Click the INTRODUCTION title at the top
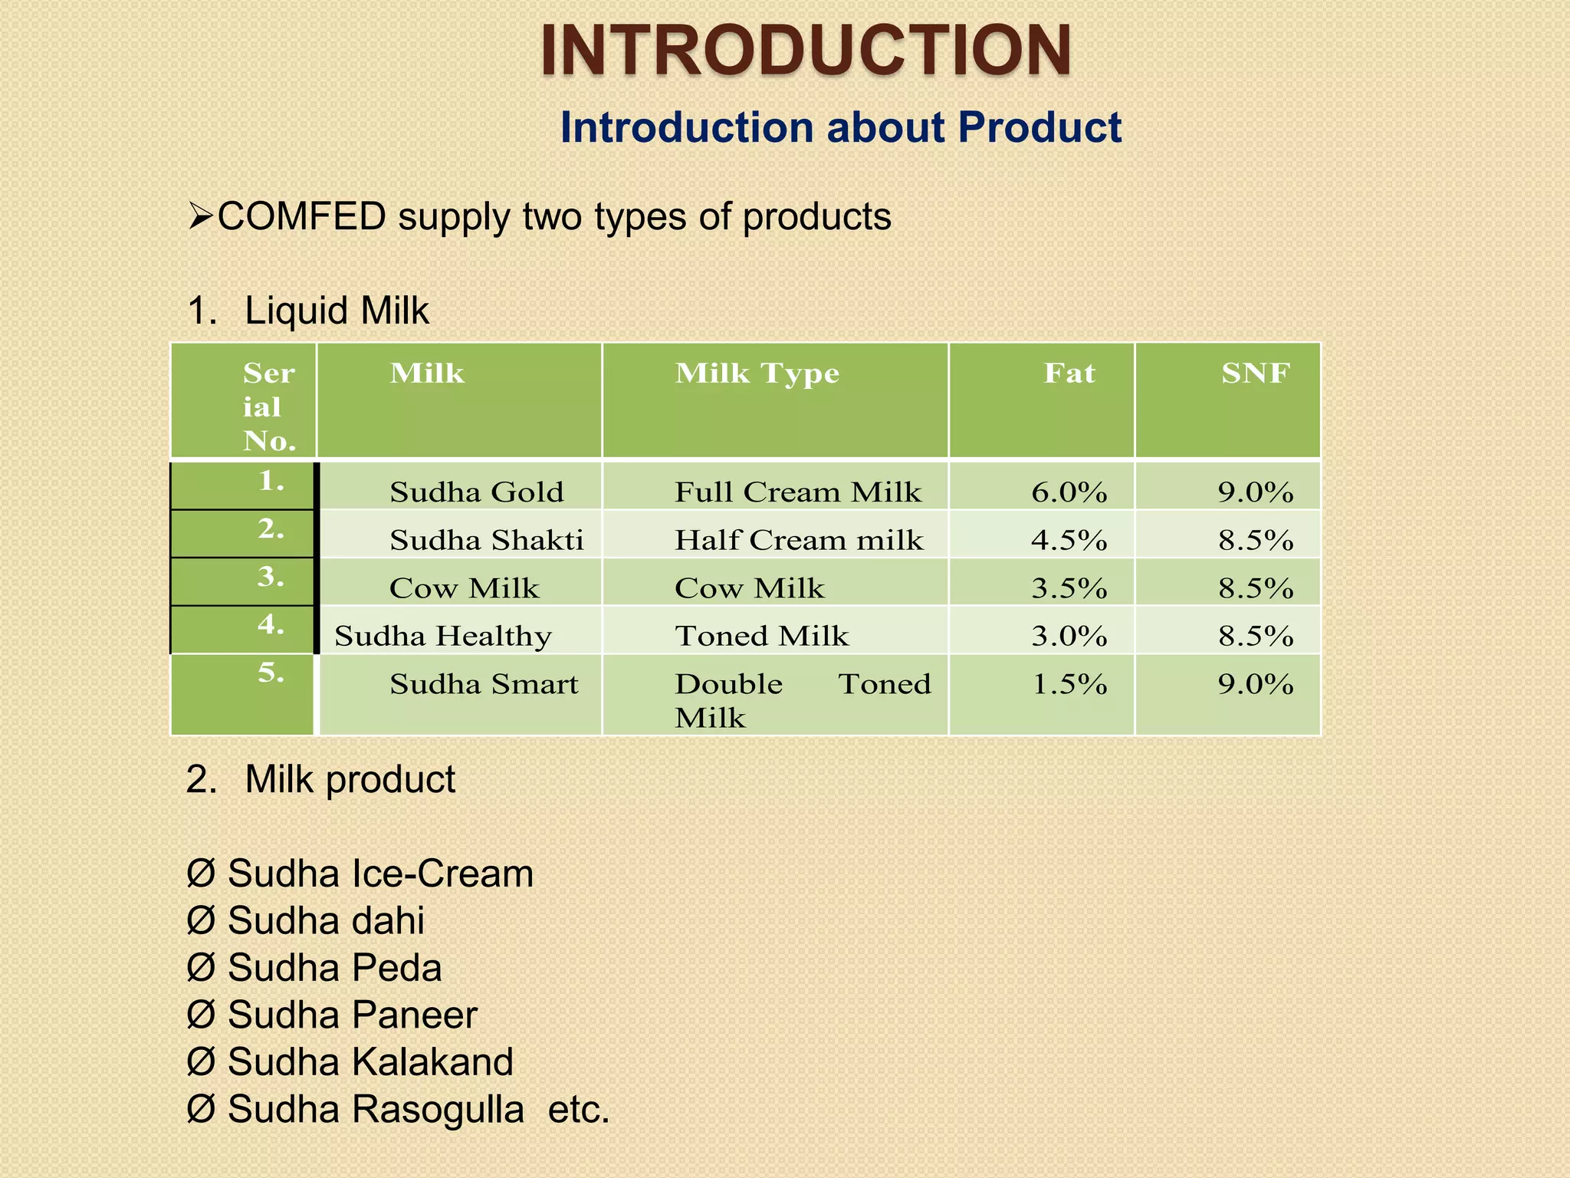point(805,51)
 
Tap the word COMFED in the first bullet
point(301,217)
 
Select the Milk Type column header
point(757,373)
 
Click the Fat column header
point(1069,373)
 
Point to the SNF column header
point(1255,373)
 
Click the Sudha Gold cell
point(476,492)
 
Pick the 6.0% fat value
point(1069,492)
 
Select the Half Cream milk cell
point(799,540)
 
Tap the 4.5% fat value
point(1069,540)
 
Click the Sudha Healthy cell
point(443,636)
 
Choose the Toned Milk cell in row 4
point(761,636)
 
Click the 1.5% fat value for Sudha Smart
point(1069,683)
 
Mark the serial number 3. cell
point(271,577)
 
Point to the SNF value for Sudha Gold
point(1255,492)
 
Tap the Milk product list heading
point(350,780)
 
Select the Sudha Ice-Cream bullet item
point(379,874)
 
